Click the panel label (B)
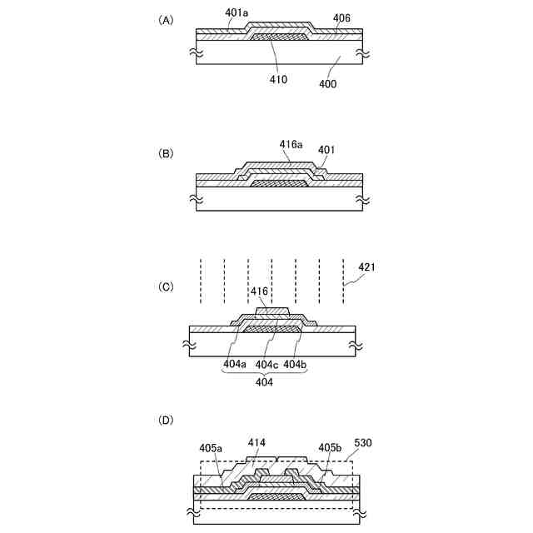166,154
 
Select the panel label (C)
166,287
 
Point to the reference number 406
341,17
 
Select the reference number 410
278,79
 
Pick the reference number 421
367,267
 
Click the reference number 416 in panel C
260,292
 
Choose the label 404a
235,364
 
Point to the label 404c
266,364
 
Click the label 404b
295,364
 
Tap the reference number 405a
211,447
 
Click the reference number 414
257,442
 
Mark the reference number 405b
331,447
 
